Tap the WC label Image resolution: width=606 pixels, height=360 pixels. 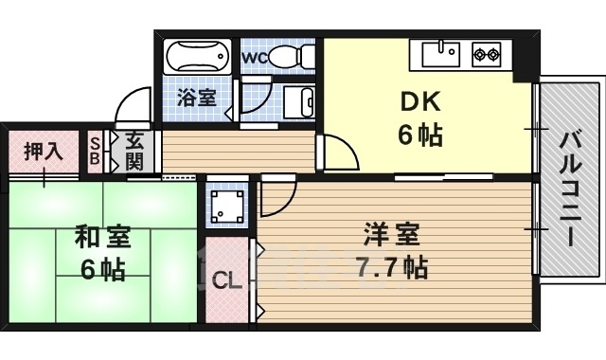point(254,57)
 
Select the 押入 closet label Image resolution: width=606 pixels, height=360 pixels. point(43,150)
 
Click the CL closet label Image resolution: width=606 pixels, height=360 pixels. point(225,280)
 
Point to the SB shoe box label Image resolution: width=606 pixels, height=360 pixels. point(95,150)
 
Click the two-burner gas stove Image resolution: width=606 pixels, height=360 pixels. point(487,54)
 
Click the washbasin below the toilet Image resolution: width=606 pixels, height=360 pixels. point(295,99)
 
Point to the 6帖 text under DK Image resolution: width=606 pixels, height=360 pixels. point(419,135)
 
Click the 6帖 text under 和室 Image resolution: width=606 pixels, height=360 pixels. point(102,270)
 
